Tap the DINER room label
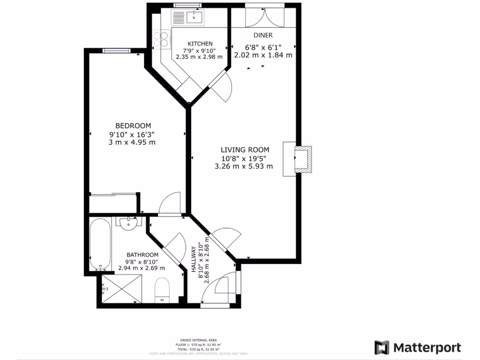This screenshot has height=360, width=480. (x=263, y=35)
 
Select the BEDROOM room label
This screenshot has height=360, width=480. (x=133, y=126)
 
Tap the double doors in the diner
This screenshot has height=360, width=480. (x=264, y=17)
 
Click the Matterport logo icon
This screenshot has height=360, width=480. (x=382, y=347)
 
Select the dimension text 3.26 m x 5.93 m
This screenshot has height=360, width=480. (x=244, y=166)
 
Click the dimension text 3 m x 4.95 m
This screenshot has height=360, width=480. (x=132, y=142)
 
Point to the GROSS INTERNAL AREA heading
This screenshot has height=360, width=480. (x=198, y=340)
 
